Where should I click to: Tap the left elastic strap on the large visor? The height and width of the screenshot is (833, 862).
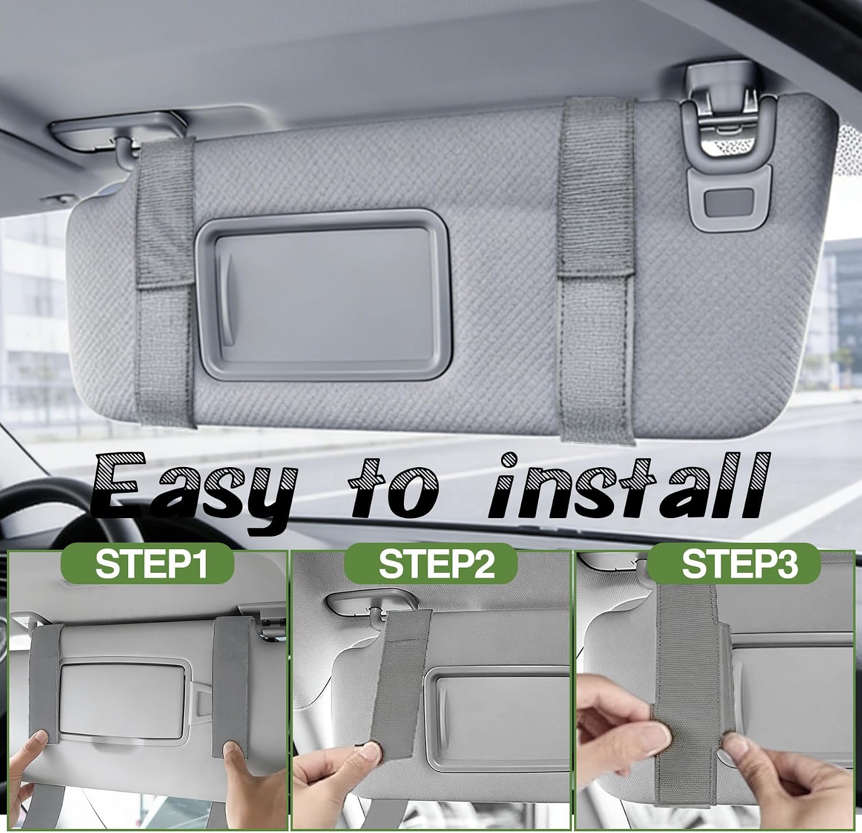pyautogui.click(x=165, y=281)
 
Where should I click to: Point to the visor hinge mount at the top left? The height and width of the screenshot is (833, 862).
pyautogui.click(x=114, y=135)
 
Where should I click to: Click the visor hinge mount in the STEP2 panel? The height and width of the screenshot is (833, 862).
pyautogui.click(x=368, y=606)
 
